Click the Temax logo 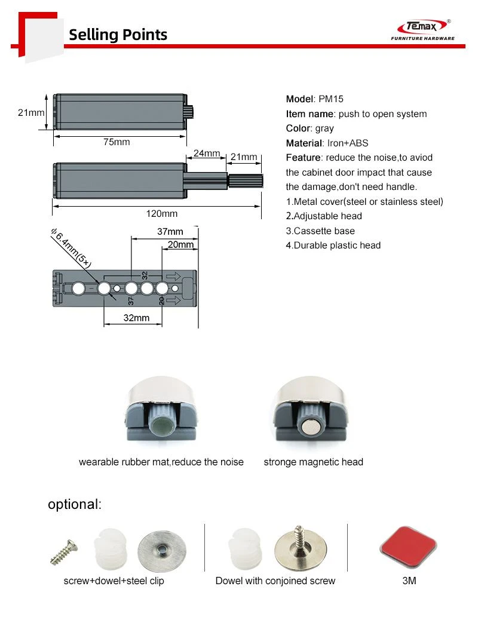pyautogui.click(x=422, y=30)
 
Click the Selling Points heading pyautogui.click(x=118, y=35)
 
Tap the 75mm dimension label pyautogui.click(x=117, y=142)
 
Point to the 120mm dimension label pyautogui.click(x=161, y=213)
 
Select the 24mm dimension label pyautogui.click(x=207, y=154)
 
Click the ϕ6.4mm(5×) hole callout pyautogui.click(x=71, y=248)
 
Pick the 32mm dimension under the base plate pyautogui.click(x=136, y=318)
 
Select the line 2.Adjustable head pyautogui.click(x=324, y=216)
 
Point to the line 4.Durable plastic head pyautogui.click(x=333, y=245)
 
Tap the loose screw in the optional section pyautogui.click(x=64, y=553)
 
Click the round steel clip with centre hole pyautogui.click(x=162, y=551)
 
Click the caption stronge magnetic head pyautogui.click(x=314, y=462)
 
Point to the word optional pyautogui.click(x=75, y=505)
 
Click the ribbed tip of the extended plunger pyautogui.click(x=246, y=181)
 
